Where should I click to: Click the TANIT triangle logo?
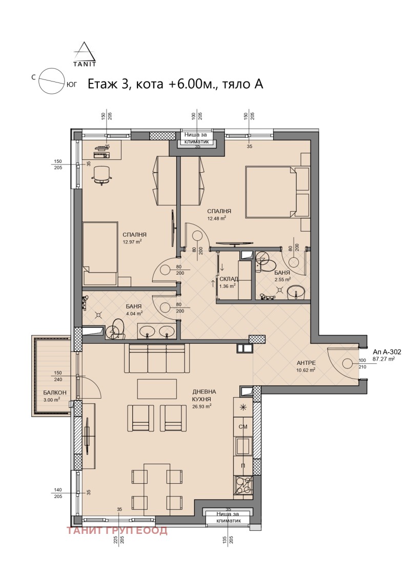pos(85,54)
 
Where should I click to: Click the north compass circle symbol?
pos(51,80)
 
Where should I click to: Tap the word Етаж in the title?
pos(102,84)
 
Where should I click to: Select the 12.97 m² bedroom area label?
pos(132,242)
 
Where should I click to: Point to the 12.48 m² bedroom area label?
pos(217,218)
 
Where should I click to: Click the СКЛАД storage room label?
pos(229,279)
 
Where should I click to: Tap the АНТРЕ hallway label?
pos(306,363)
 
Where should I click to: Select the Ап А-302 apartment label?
pos(387,352)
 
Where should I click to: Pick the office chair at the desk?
pos(102,174)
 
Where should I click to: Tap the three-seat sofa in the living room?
pos(157,359)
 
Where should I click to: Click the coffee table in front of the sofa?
pos(157,388)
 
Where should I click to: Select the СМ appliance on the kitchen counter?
pos(243,426)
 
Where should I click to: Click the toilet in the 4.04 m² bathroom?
pos(118,328)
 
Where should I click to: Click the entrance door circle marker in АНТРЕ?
pos(347,364)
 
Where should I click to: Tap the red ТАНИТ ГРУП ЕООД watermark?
pos(117,530)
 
